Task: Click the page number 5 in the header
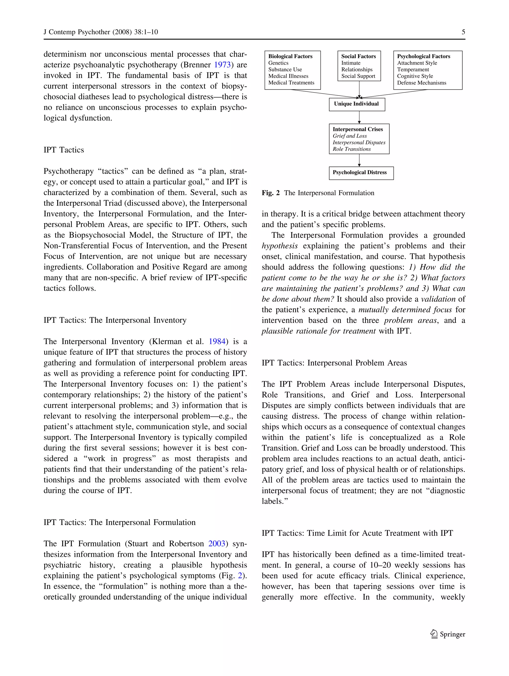463,32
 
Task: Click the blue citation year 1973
222,65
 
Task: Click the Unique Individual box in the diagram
356,104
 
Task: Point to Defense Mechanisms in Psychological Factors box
421,83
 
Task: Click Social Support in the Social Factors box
358,76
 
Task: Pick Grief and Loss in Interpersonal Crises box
349,136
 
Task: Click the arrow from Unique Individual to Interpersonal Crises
359,117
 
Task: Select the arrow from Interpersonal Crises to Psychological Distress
359,160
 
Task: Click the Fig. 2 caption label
270,193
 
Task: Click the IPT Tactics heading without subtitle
64,150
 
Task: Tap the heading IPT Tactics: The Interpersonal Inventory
115,320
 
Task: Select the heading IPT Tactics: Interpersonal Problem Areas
334,363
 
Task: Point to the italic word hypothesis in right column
279,246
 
